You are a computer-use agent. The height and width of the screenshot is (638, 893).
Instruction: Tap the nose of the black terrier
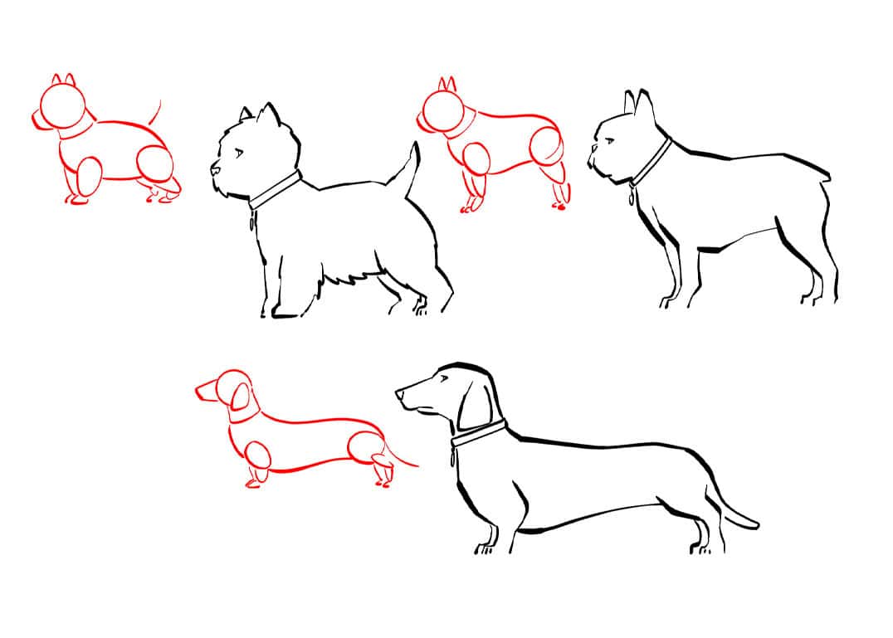(213, 171)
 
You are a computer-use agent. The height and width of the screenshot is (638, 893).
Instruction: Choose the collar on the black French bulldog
(652, 162)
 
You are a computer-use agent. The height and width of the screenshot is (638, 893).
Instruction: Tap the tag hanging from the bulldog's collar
(632, 198)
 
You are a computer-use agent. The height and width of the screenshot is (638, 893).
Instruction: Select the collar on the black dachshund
(479, 434)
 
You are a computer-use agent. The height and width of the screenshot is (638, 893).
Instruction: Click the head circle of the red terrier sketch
(62, 106)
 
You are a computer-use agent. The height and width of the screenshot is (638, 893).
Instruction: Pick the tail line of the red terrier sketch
(155, 113)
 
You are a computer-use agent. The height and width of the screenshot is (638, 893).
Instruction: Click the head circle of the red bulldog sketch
(443, 109)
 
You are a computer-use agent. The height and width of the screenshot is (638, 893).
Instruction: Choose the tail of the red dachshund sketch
(402, 458)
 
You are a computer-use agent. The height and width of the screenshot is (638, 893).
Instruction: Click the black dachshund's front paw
(484, 548)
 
